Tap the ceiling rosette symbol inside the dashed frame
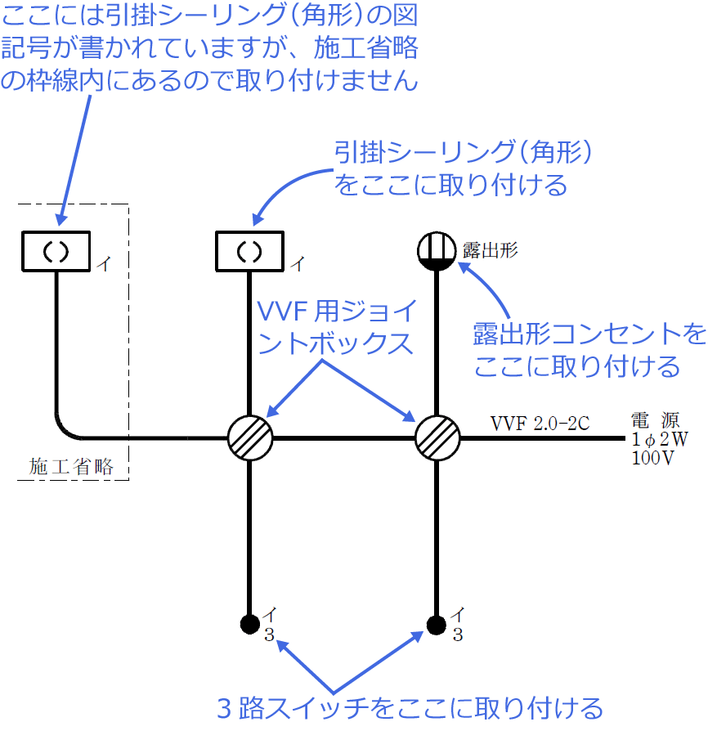[x=55, y=251]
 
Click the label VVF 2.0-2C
[x=540, y=423]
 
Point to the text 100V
[x=652, y=458]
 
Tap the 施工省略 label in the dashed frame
[x=71, y=467]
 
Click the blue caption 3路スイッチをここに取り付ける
[x=410, y=708]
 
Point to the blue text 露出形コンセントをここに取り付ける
[x=589, y=349]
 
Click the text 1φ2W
[x=660, y=440]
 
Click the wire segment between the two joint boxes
[x=343, y=439]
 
